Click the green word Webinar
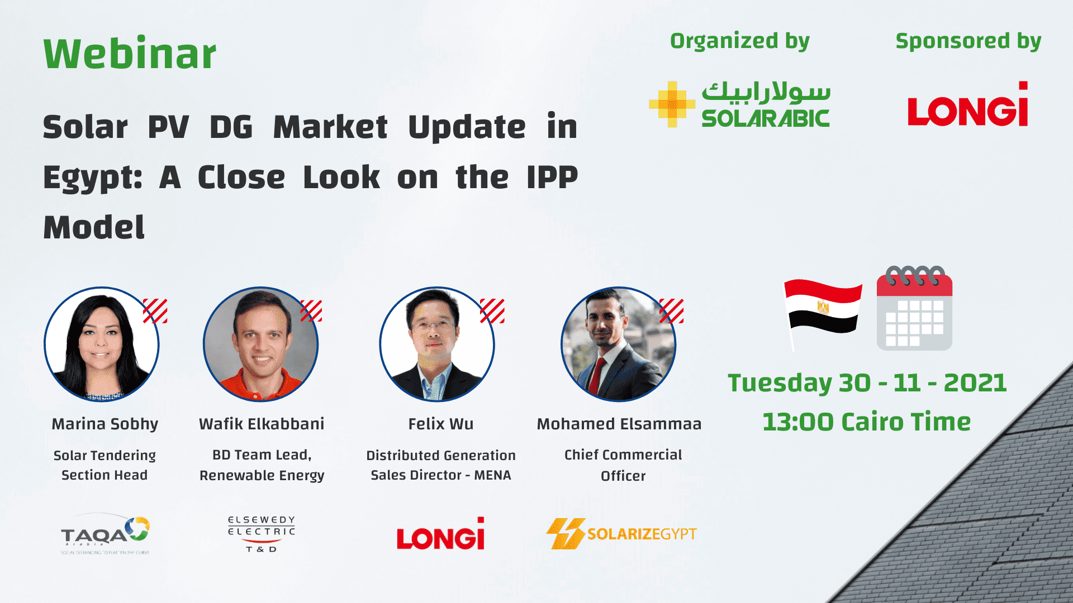(130, 54)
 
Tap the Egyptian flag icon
(823, 308)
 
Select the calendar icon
(914, 310)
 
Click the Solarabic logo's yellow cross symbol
(672, 104)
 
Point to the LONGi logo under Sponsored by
(968, 106)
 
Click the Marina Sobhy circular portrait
(102, 344)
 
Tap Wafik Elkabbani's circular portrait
(260, 344)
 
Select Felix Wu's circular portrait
(437, 344)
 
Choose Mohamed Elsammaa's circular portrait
(618, 344)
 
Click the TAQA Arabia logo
(105, 534)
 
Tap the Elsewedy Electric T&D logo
(261, 534)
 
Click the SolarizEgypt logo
(621, 534)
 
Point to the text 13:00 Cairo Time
(866, 422)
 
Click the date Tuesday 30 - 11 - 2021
(867, 383)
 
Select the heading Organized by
(739, 41)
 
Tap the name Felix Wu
(440, 424)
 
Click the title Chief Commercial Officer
(623, 465)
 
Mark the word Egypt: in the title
(93, 178)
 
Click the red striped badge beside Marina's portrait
(155, 311)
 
